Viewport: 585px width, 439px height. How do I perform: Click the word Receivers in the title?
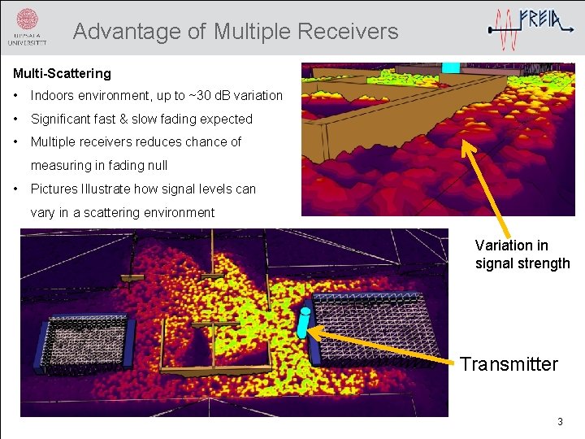[x=348, y=32]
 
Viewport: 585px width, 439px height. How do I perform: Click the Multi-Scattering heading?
[x=62, y=73]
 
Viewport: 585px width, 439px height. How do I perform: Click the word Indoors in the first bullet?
[x=55, y=96]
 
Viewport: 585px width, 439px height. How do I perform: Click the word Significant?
[x=60, y=119]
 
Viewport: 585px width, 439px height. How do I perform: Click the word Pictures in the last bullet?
[x=54, y=189]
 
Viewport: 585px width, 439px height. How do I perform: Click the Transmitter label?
[x=509, y=364]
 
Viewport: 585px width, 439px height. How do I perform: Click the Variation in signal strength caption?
[x=522, y=254]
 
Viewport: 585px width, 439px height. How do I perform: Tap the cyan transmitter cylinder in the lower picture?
[x=303, y=324]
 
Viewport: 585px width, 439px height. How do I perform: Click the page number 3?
[x=559, y=422]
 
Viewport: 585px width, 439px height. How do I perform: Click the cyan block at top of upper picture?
[x=450, y=67]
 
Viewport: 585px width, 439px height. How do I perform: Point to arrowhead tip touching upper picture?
[x=464, y=142]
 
